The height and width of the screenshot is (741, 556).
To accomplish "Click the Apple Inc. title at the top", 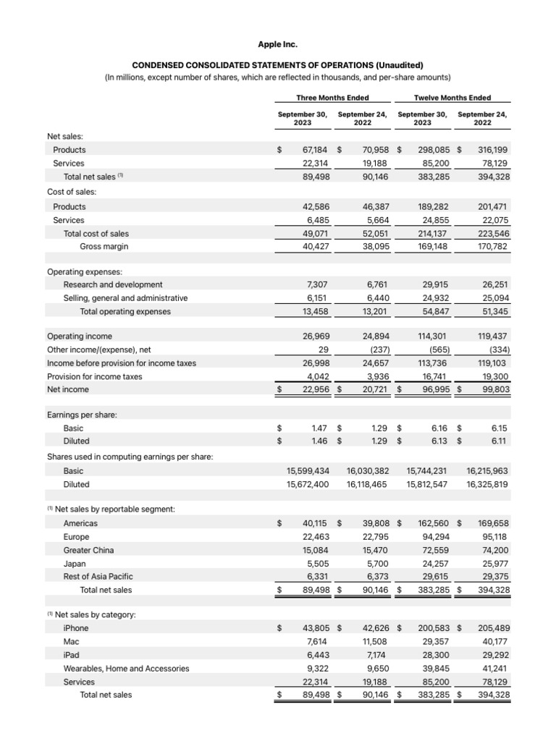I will (278, 44).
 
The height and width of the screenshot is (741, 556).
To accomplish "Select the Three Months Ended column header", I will (332, 98).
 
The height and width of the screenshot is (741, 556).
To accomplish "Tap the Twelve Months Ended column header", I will (452, 98).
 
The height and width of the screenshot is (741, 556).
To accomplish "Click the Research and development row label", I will (113, 284).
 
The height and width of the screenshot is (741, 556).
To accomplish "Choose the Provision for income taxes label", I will (94, 376).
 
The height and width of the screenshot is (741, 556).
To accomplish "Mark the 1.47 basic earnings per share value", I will (319, 428).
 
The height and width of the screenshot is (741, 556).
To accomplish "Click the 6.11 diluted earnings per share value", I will (499, 441).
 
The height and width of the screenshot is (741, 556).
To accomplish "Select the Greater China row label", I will (88, 550).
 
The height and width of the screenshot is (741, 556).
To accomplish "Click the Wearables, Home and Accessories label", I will (126, 669).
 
